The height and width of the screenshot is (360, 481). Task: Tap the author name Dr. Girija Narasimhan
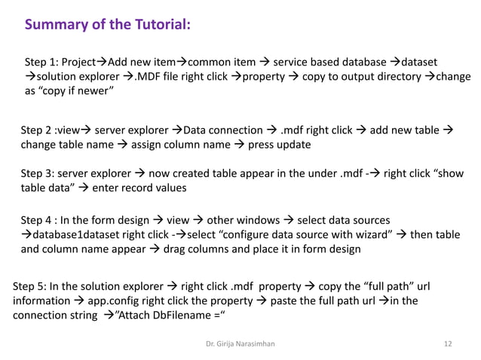pyautogui.click(x=239, y=344)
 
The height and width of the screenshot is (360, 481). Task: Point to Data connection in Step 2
pyautogui.click(x=219, y=130)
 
